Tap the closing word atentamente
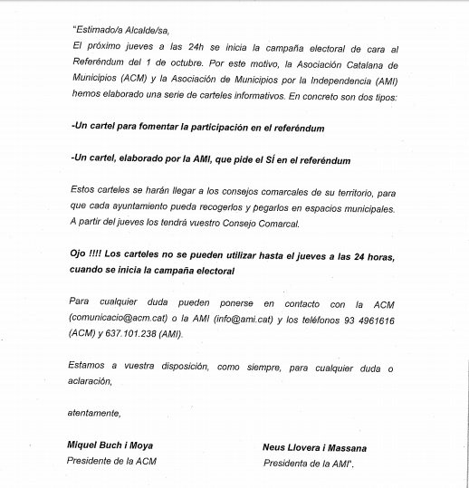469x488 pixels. [x=94, y=414]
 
